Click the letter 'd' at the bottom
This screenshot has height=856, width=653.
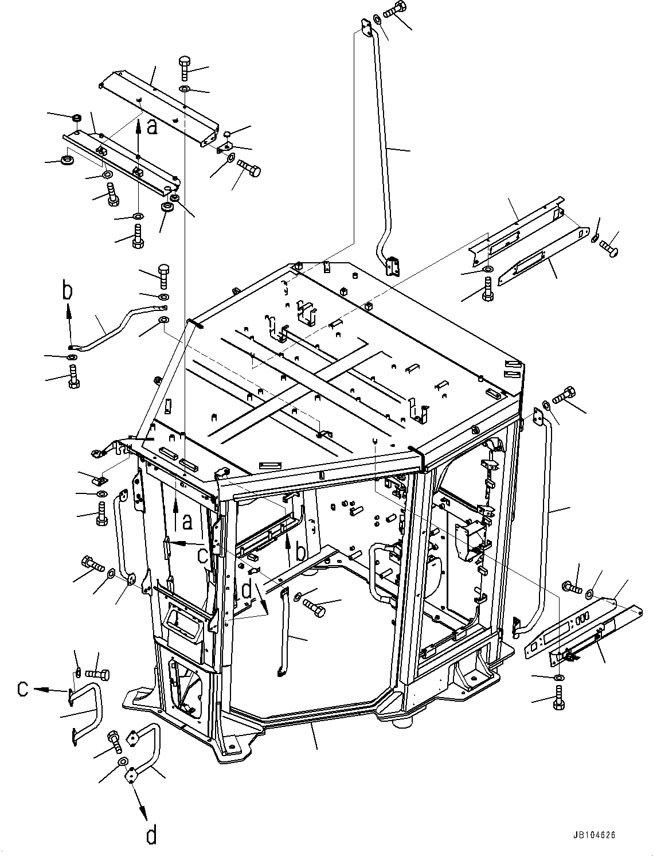click(150, 835)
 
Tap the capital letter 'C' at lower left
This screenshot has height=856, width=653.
click(22, 688)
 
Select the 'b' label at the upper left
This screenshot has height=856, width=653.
click(68, 291)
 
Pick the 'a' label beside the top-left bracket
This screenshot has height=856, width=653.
click(151, 126)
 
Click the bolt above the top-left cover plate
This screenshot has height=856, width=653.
click(185, 68)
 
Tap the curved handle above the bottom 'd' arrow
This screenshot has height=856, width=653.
click(146, 749)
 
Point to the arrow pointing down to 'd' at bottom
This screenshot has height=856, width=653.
click(139, 797)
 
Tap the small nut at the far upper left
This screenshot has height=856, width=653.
click(76, 119)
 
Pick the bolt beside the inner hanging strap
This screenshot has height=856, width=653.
click(313, 604)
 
